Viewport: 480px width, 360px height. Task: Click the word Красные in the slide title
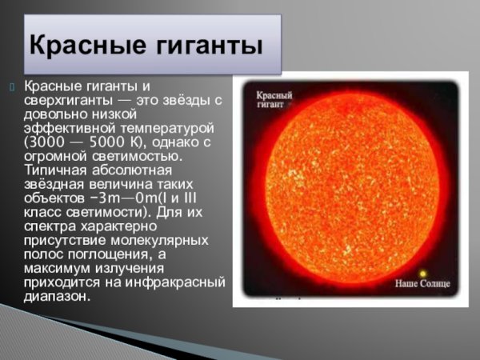pyautogui.click(x=84, y=43)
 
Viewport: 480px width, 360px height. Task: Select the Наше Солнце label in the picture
pyautogui.click(x=423, y=284)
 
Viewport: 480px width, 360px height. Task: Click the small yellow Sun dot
pyautogui.click(x=423, y=273)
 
